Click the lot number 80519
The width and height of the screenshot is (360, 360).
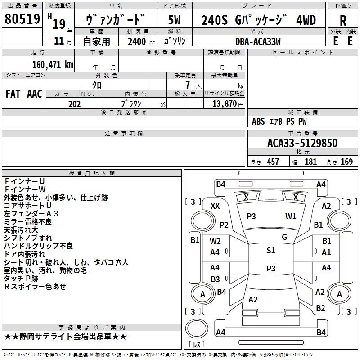tap(22, 19)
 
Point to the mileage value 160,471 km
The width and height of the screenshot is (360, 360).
tap(53, 64)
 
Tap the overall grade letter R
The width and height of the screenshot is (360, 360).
tap(343, 20)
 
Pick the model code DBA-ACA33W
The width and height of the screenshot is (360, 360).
tap(258, 41)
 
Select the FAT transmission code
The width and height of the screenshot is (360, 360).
tap(13, 94)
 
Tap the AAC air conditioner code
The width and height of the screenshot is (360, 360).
tap(34, 94)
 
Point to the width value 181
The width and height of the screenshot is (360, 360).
tap(310, 162)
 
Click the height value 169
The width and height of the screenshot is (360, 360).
tap(346, 162)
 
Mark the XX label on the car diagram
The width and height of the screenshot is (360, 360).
tap(216, 206)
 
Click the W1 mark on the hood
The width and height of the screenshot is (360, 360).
tap(291, 216)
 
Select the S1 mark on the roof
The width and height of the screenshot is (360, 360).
tap(270, 251)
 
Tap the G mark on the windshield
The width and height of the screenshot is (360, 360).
tap(284, 237)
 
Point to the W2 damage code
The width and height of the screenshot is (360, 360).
tap(216, 241)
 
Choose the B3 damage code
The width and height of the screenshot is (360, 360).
tap(216, 279)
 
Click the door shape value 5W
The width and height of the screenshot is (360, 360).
tap(175, 20)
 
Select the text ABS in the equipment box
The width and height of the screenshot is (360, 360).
tap(258, 121)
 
